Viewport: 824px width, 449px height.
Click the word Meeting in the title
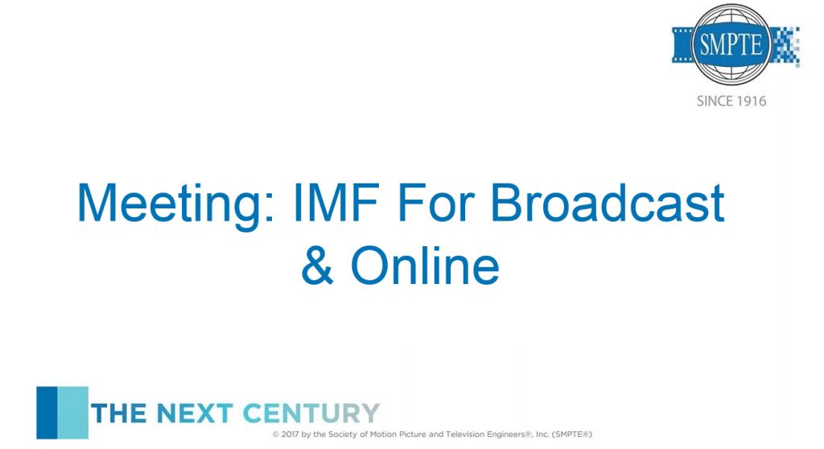tap(175, 204)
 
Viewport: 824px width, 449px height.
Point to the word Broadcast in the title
tap(608, 202)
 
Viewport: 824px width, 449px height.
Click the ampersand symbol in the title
tap(317, 265)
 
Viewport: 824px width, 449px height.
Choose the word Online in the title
tap(425, 265)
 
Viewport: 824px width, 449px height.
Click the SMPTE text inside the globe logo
tap(731, 45)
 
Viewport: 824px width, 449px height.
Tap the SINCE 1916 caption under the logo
tap(731, 101)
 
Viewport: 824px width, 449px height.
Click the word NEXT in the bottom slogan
tap(195, 414)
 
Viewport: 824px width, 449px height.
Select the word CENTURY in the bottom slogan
tap(311, 414)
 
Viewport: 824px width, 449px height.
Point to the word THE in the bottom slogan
tap(118, 414)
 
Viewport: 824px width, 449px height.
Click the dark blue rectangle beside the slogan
tap(47, 413)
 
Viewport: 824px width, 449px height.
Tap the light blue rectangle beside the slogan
tap(73, 413)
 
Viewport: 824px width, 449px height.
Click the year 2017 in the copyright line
tap(290, 435)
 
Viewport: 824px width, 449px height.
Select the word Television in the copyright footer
tap(464, 435)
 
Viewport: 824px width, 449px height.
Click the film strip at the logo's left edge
tap(682, 46)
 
